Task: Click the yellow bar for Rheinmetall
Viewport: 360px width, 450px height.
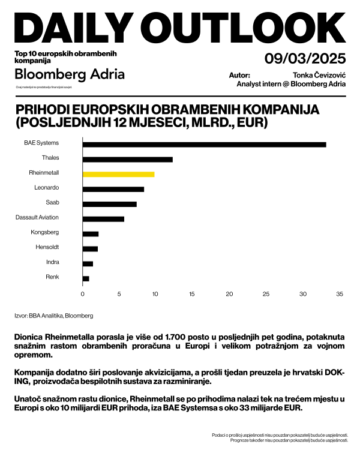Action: tap(118, 174)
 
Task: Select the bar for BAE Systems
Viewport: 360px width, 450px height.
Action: tap(204, 144)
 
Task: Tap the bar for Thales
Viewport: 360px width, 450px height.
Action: tap(127, 159)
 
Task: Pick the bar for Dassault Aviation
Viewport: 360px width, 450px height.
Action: tap(103, 218)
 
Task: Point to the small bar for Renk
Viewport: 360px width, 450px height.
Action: tap(86, 278)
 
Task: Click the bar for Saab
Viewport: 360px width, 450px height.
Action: tap(109, 204)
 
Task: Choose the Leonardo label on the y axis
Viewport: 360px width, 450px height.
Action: tap(47, 188)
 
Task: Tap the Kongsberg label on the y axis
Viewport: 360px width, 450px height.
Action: tap(45, 232)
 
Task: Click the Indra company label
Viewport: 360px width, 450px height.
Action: tap(52, 262)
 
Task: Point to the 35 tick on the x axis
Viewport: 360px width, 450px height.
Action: tap(339, 294)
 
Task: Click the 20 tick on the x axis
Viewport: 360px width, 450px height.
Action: tap(229, 294)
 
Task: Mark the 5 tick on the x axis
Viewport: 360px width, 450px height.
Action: tap(119, 294)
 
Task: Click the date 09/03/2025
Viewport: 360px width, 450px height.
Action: tap(305, 59)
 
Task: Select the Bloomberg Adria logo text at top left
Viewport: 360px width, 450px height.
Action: tap(70, 74)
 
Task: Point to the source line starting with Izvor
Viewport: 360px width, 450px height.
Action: tap(53, 315)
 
